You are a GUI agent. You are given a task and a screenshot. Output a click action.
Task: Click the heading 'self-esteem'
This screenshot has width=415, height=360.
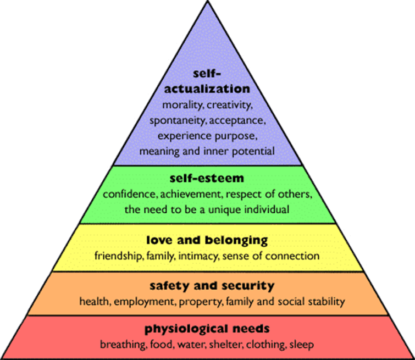click(207, 178)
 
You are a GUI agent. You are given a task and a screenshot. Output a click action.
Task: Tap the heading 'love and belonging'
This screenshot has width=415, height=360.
click(207, 241)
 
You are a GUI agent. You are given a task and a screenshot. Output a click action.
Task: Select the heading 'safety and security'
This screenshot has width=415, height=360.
click(212, 286)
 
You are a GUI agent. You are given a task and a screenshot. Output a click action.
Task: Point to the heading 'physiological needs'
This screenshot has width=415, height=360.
click(207, 329)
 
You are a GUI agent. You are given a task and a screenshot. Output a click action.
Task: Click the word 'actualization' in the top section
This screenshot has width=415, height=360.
click(207, 88)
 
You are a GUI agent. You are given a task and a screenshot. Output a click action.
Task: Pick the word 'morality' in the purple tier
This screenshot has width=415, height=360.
click(182, 105)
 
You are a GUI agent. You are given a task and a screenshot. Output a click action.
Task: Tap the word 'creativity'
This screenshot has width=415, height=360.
click(229, 105)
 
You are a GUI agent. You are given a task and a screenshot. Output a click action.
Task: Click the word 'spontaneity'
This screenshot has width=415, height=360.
click(177, 121)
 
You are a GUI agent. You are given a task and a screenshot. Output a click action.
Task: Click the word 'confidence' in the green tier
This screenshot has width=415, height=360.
click(130, 195)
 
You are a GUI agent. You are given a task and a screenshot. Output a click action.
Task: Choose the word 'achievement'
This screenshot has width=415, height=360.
click(191, 195)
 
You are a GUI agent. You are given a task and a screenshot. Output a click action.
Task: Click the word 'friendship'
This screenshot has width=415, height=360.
click(119, 256)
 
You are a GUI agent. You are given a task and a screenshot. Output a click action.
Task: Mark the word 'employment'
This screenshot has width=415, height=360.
click(145, 302)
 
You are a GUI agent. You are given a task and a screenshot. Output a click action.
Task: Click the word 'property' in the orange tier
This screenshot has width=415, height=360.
click(201, 302)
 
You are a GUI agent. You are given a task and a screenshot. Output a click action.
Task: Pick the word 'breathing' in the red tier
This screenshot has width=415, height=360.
click(123, 345)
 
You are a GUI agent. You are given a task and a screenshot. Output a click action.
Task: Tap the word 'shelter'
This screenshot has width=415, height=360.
click(225, 345)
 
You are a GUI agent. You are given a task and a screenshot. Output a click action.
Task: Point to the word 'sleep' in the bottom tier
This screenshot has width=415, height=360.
click(302, 345)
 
